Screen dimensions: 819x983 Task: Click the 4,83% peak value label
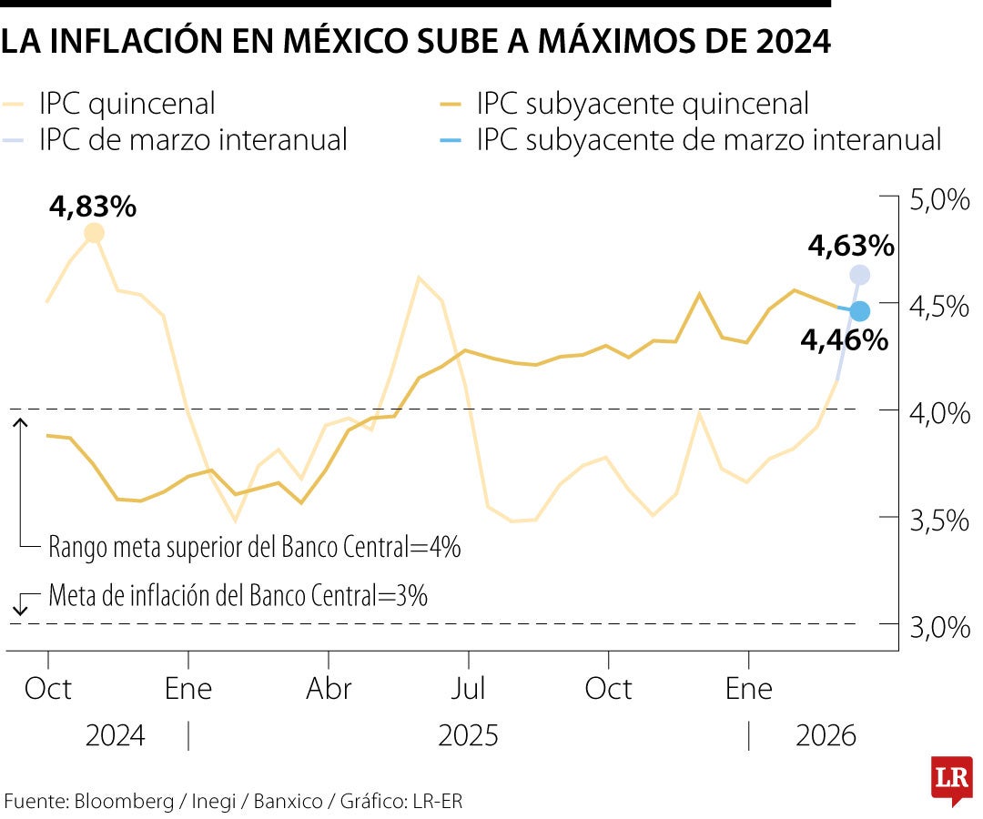(x=94, y=207)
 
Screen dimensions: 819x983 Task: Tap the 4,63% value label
(x=851, y=246)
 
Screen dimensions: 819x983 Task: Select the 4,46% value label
(x=844, y=340)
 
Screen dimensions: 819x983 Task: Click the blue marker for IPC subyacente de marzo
(x=860, y=311)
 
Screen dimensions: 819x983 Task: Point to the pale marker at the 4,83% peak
(x=94, y=234)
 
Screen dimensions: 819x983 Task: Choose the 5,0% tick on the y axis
(x=939, y=199)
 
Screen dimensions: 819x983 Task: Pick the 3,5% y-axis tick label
(x=939, y=521)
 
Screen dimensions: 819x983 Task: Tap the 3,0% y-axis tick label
(x=939, y=628)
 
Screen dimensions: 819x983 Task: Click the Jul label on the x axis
(x=468, y=688)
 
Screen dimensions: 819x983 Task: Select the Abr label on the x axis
(x=329, y=688)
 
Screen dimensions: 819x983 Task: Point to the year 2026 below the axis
(x=826, y=735)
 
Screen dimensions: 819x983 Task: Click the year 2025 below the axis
(x=468, y=735)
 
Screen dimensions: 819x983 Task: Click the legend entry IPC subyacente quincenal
(x=642, y=104)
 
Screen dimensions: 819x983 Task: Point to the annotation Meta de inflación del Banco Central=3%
(x=238, y=596)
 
